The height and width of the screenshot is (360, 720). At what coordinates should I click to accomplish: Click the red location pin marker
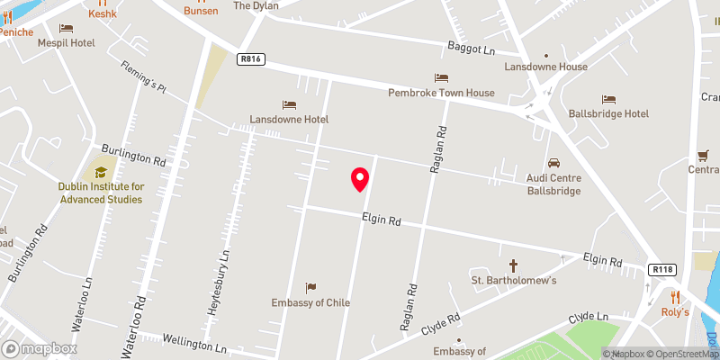[x=360, y=179]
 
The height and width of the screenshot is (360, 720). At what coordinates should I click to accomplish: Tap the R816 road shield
[x=251, y=58]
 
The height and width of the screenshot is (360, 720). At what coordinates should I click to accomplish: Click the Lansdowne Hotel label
[x=289, y=119]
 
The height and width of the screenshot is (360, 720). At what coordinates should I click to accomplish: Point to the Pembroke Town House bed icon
[x=441, y=78]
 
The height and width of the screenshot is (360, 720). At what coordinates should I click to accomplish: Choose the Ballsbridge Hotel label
[x=608, y=113]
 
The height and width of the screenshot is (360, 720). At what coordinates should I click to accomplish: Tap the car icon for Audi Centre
[x=553, y=164]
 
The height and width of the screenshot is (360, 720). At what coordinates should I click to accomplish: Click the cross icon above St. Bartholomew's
[x=515, y=265]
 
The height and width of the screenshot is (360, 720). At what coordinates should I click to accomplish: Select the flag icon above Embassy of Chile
[x=310, y=288]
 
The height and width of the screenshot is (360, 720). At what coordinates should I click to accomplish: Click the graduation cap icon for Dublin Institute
[x=101, y=171]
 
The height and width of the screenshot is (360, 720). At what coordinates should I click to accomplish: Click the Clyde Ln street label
[x=589, y=319]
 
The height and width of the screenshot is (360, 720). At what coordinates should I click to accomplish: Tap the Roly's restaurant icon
[x=674, y=296]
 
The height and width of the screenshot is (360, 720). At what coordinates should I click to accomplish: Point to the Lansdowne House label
[x=546, y=67]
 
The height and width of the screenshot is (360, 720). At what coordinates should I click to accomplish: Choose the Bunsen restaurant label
[x=201, y=11]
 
